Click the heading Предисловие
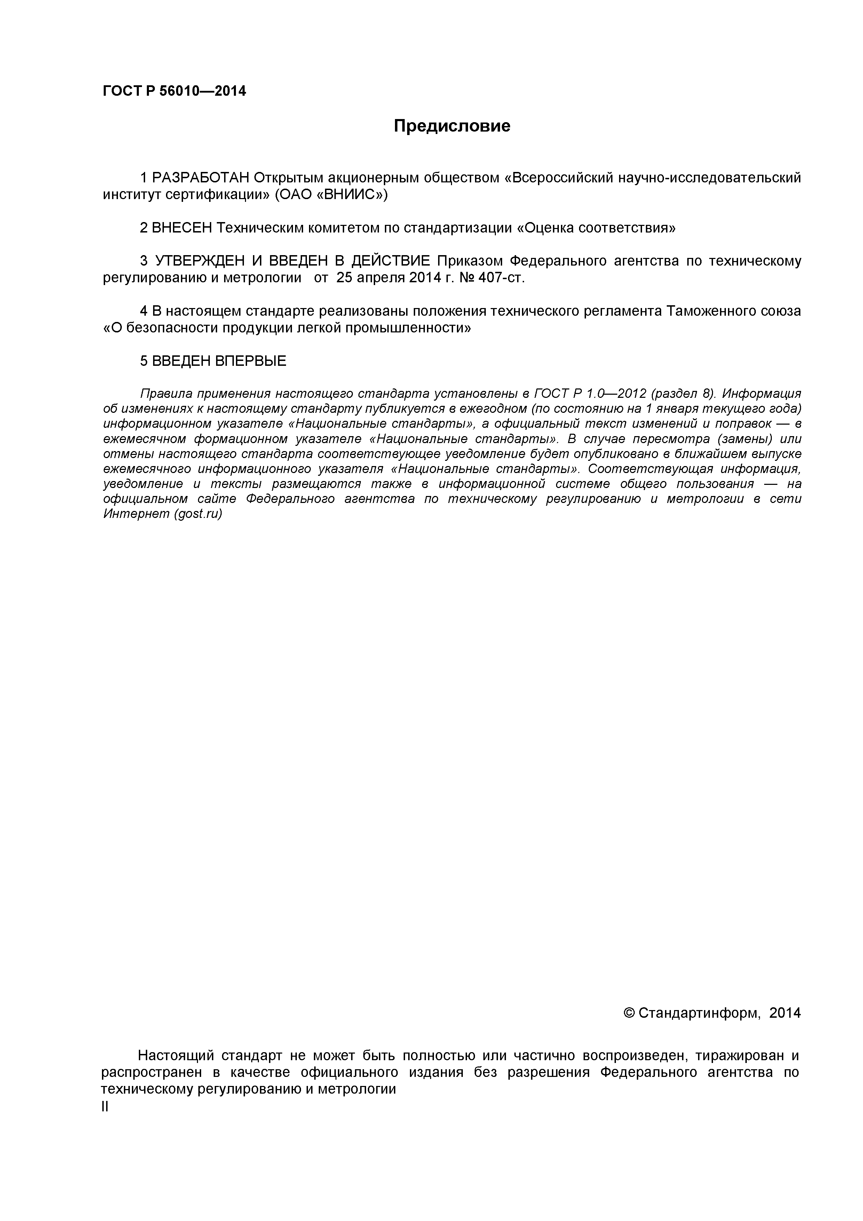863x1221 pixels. coord(452,126)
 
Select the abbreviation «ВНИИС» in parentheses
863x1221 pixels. coord(349,195)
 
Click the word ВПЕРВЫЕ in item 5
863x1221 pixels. coord(251,361)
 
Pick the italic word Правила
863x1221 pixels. coord(166,394)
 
